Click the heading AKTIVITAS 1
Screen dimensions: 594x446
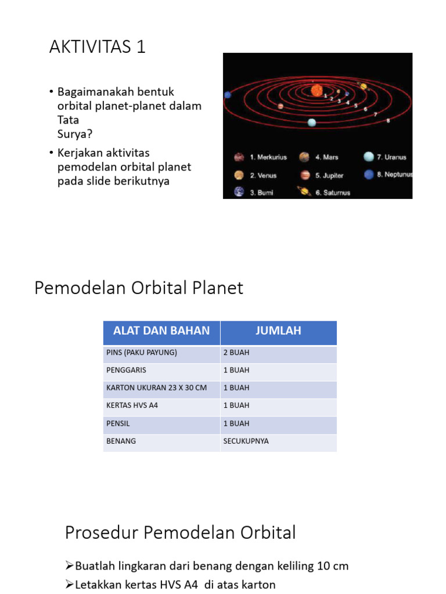click(97, 47)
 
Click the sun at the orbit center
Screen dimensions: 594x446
click(317, 90)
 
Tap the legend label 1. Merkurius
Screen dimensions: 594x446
click(268, 157)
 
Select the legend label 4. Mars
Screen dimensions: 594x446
click(327, 157)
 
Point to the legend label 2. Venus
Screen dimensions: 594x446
click(263, 175)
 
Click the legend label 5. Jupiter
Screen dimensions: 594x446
click(329, 175)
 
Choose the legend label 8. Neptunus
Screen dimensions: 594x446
click(394, 175)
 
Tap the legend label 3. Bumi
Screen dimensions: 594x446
click(261, 193)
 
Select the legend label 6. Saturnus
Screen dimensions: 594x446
click(333, 193)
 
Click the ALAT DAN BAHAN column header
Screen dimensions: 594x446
click(161, 331)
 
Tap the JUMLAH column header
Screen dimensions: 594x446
click(278, 331)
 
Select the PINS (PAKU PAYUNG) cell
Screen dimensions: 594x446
click(142, 353)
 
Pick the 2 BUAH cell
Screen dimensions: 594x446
click(236, 353)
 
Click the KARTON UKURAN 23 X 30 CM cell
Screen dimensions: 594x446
click(156, 387)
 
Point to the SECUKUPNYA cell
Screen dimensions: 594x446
click(246, 441)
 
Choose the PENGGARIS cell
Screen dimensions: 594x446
click(126, 370)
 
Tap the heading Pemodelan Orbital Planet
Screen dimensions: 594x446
click(139, 288)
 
